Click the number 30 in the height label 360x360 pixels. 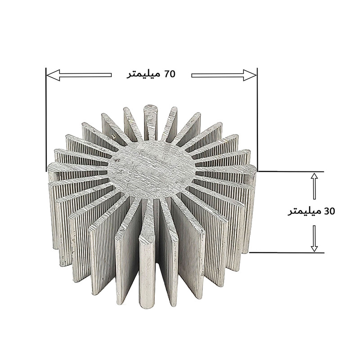[x=330, y=211]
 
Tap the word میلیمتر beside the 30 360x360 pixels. [x=305, y=211]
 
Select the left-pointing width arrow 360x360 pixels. [x=79, y=75]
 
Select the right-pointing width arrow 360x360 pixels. [x=224, y=75]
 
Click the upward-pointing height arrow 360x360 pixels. [x=315, y=186]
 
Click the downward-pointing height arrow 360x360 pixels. [x=315, y=238]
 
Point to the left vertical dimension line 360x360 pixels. [x=46, y=117]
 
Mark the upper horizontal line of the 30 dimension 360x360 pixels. [x=292, y=171]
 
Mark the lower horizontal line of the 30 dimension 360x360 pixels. [x=292, y=252]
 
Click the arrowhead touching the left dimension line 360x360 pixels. [x=52, y=75]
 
